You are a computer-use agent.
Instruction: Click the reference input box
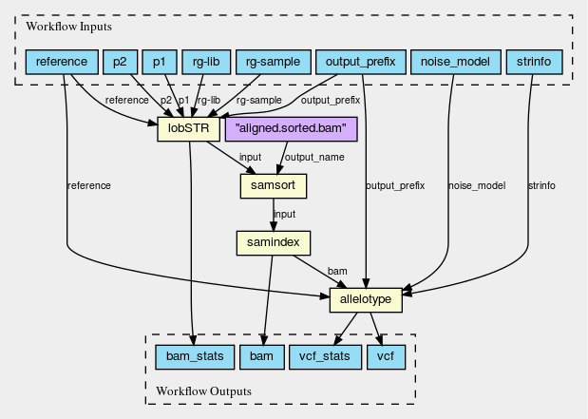(62, 63)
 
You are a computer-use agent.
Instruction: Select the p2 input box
(119, 63)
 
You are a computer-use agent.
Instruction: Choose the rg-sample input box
(273, 63)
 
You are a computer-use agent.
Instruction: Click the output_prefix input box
(360, 63)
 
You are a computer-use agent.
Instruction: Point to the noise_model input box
(454, 63)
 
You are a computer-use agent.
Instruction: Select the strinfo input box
(534, 63)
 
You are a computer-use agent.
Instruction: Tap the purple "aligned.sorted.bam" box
(290, 127)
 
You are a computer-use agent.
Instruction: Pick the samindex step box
(274, 242)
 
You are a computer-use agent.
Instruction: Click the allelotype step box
(366, 300)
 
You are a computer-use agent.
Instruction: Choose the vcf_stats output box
(324, 357)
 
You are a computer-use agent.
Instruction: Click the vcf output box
(386, 357)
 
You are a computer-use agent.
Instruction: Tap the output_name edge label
(315, 157)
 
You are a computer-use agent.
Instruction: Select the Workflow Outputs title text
(205, 390)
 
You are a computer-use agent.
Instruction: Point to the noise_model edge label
(476, 185)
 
